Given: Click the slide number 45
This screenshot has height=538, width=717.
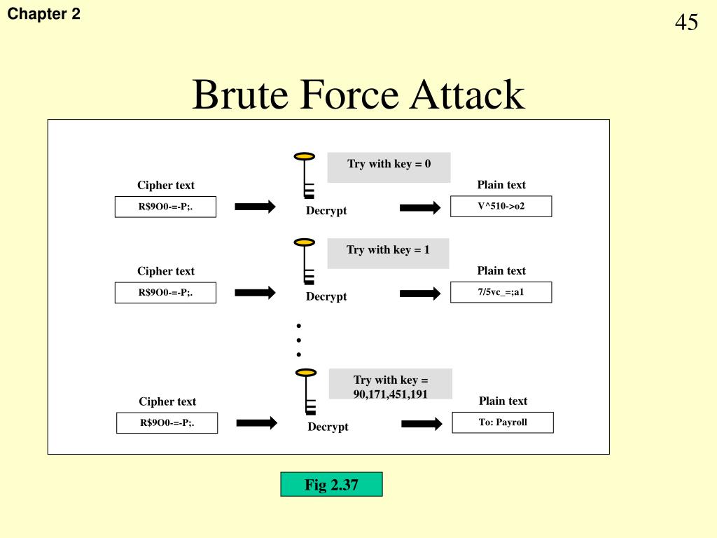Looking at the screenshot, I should click(x=686, y=22).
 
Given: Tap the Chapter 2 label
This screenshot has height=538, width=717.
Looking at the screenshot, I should click(x=44, y=13).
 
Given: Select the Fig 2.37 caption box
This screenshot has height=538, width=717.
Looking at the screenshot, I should click(x=331, y=484).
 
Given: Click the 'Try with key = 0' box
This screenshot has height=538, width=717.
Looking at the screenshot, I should click(x=389, y=167).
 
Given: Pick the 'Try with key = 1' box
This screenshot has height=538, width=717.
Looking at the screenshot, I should click(x=388, y=253).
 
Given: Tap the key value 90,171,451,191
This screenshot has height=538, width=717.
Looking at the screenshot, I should click(x=391, y=394).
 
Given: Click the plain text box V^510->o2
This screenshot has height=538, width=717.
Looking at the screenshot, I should click(x=501, y=206).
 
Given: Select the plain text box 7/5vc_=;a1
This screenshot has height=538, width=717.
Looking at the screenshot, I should click(x=501, y=292).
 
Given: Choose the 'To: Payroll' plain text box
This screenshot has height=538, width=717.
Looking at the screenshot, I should click(x=503, y=422).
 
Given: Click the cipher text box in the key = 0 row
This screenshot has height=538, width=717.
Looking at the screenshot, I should click(x=165, y=207).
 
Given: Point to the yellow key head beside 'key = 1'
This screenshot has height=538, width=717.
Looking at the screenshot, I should click(x=304, y=242).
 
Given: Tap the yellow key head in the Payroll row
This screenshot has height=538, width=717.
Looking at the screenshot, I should click(x=305, y=373).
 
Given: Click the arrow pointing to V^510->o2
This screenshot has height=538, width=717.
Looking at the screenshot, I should click(x=420, y=207).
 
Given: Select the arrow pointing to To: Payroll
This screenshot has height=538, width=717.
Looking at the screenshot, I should click(x=422, y=424).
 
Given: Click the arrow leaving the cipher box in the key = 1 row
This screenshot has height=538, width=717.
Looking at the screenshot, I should click(x=255, y=293).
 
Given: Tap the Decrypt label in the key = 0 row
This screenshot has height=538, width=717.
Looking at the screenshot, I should click(x=326, y=211).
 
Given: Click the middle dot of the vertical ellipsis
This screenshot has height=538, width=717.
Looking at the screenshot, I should click(x=298, y=340).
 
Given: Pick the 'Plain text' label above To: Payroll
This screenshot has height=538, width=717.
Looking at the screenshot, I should click(x=503, y=401).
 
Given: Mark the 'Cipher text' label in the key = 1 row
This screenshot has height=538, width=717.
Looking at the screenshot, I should click(x=165, y=271).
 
